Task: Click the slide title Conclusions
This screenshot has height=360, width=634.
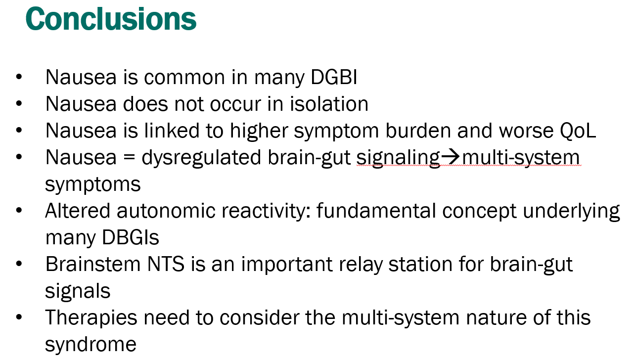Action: click(111, 19)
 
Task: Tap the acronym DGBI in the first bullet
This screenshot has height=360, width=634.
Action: click(334, 77)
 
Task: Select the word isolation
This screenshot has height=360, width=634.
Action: click(329, 104)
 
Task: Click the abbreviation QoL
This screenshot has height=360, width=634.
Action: click(578, 131)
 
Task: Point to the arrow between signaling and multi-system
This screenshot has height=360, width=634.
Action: click(451, 157)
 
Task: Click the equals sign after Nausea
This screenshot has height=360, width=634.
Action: click(129, 158)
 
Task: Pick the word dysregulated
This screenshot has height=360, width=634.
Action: click(201, 158)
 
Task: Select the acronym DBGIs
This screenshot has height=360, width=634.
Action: click(131, 238)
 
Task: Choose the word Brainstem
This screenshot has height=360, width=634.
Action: click(93, 265)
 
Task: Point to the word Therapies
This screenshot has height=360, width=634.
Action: click(91, 318)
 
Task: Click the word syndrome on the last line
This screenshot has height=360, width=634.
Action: click(91, 345)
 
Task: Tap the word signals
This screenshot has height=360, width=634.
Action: click(78, 291)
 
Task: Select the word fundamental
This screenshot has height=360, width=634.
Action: click(376, 211)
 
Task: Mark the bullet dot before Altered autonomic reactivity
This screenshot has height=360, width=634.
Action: click(19, 211)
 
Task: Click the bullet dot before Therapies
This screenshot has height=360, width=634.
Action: click(19, 317)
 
